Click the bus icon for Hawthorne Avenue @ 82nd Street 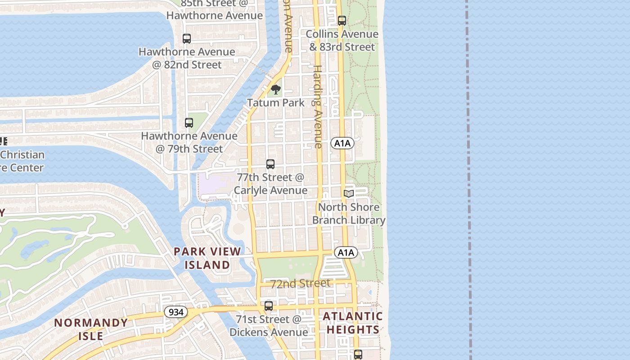pos(187,39)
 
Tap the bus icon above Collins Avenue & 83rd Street pos(342,21)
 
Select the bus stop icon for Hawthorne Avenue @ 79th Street pos(189,123)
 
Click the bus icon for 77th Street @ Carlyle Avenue pos(270,164)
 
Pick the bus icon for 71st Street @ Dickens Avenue pos(269,306)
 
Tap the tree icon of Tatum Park pos(276,90)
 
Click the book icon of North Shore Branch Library pos(349,193)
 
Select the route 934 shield pos(175,311)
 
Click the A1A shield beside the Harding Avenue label pos(342,144)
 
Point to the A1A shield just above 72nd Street pos(346,252)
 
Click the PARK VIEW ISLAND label pos(207,258)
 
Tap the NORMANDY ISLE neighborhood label pos(91,329)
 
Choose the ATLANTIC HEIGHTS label pos(353,323)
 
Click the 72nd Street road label pos(300,283)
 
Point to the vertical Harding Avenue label pos(317,107)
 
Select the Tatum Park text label pos(276,103)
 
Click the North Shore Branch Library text pos(349,214)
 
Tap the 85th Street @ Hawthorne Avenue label pos(215,9)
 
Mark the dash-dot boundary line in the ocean pos(469,180)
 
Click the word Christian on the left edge pos(22,155)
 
